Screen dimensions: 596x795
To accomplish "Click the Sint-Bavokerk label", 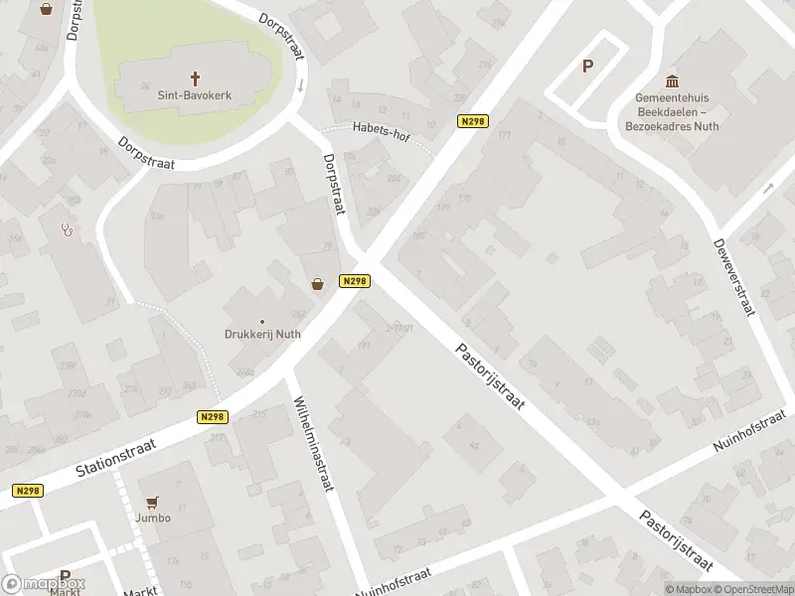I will click(194, 96).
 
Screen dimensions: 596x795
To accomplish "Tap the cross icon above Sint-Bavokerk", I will click(194, 76).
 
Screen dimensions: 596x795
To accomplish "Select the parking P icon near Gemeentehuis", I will click(587, 67).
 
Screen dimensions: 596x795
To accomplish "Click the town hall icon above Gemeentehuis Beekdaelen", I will click(672, 80).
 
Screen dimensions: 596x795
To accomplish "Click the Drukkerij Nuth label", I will click(262, 335).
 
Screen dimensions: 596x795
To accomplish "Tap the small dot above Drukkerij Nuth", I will click(262, 321).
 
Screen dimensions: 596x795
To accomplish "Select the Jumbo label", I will click(153, 518).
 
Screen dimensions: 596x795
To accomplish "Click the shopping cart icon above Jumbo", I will click(152, 503).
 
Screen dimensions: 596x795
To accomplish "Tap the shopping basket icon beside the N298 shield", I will click(318, 283).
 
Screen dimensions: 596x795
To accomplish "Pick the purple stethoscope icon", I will click(68, 228).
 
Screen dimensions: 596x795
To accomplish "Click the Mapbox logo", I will click(44, 584).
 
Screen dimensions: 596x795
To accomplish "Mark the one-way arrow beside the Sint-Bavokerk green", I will click(300, 84).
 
